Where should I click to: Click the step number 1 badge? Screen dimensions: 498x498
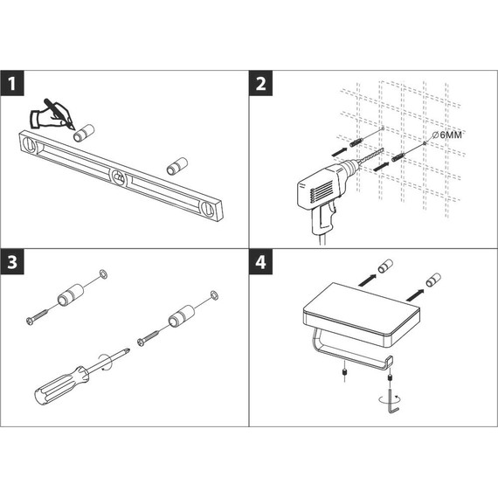point(12,83)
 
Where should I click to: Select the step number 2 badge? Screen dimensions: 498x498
point(260,83)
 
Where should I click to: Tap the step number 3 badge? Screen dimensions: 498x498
point(12,262)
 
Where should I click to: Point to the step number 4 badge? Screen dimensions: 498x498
point(260,262)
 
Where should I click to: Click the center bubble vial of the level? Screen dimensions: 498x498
point(119,177)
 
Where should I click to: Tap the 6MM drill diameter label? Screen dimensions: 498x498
point(447,135)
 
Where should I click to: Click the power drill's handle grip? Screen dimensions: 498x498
point(322,219)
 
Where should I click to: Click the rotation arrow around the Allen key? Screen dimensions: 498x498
point(390,399)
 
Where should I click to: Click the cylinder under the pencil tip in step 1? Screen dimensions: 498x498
point(84,133)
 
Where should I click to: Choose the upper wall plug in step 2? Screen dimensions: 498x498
point(356,142)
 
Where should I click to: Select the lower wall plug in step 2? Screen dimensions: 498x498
point(399,156)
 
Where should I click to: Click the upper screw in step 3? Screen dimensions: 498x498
point(38,316)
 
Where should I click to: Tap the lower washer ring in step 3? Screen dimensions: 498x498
point(214,295)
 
